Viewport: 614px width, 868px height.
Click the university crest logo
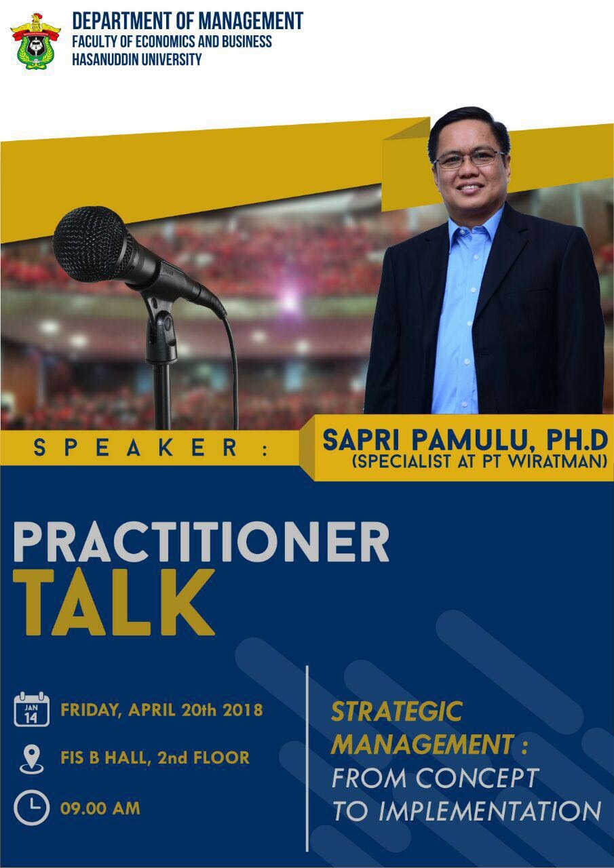tap(35, 41)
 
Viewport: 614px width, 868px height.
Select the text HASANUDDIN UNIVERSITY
tap(137, 59)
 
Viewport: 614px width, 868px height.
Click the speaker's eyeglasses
tap(468, 159)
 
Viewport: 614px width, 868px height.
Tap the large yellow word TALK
tap(114, 601)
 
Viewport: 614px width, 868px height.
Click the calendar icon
tap(32, 709)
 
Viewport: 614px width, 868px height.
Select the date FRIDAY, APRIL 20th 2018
tap(161, 711)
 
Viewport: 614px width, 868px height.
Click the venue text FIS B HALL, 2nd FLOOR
tap(155, 757)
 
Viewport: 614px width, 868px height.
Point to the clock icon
tap(31, 808)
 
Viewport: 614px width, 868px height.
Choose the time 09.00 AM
tap(100, 808)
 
